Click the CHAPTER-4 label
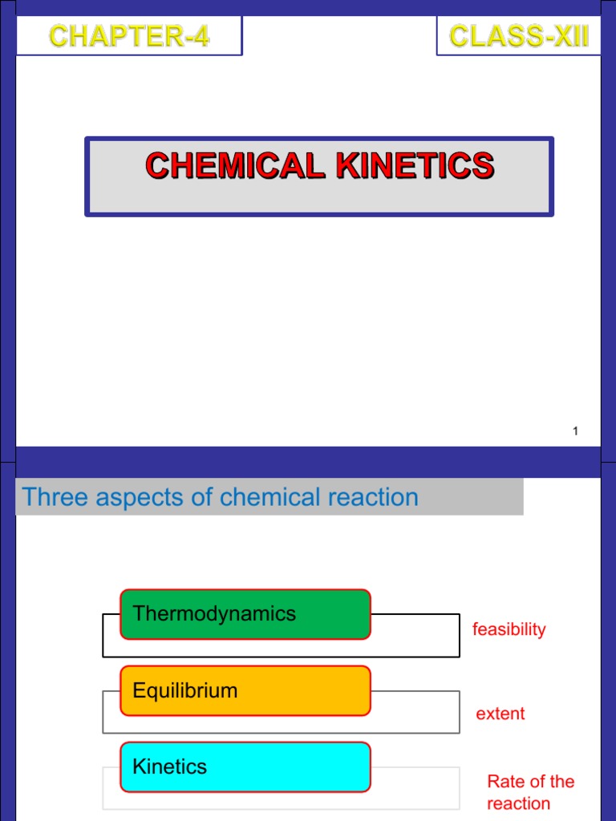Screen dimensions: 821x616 pyautogui.click(x=129, y=36)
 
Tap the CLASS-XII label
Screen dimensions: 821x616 pyautogui.click(x=519, y=36)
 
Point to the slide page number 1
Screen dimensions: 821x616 pyautogui.click(x=575, y=432)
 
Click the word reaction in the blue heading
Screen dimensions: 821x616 pyautogui.click(x=373, y=497)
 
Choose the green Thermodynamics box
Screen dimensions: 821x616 pyautogui.click(x=245, y=615)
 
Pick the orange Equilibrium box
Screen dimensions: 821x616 pyautogui.click(x=245, y=691)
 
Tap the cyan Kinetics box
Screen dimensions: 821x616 pyautogui.click(x=245, y=767)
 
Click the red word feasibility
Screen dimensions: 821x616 pyautogui.click(x=509, y=629)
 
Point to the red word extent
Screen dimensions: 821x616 pyautogui.click(x=500, y=714)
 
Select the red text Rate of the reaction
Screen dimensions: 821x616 pyautogui.click(x=530, y=792)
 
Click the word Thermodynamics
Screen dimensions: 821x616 pyautogui.click(x=214, y=614)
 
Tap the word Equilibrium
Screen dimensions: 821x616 pyautogui.click(x=185, y=690)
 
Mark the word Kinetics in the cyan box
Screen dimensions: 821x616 pyautogui.click(x=169, y=766)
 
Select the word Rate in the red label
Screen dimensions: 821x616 pyautogui.click(x=505, y=782)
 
